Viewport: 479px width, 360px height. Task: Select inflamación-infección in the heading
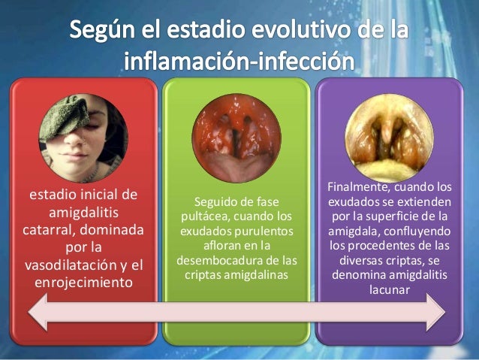[x=238, y=64]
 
